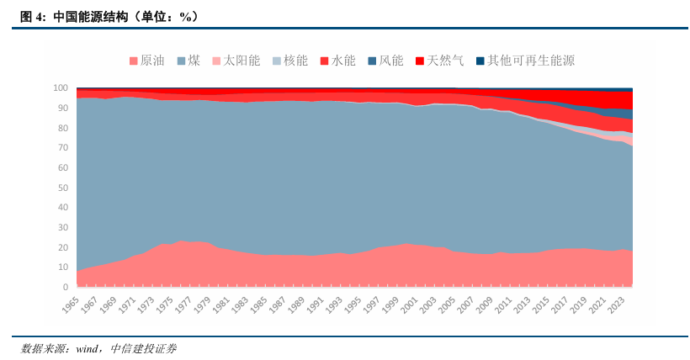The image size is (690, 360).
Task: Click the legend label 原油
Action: pos(152,61)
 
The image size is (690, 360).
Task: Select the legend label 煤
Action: pos(194,61)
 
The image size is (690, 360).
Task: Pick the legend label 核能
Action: pos(295,61)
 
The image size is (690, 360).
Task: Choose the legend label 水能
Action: pos(343,61)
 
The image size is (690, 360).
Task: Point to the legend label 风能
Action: pos(391,61)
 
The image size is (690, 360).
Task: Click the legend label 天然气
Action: pos(445,61)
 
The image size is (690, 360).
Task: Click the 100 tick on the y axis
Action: pos(61,87)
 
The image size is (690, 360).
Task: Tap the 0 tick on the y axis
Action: pos(66,287)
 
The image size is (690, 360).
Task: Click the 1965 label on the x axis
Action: pos(70,304)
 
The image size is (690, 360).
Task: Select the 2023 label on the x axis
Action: pos(616,304)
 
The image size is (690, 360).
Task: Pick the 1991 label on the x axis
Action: pos(315,304)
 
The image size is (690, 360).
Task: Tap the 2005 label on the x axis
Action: pos(447,304)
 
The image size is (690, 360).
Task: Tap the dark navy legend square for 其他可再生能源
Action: pos(480,61)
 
